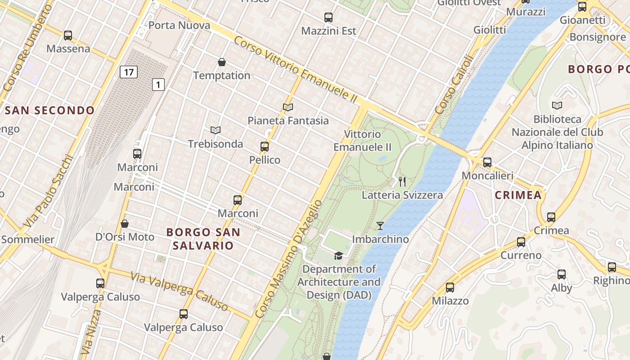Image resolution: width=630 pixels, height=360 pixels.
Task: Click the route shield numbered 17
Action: [129, 72]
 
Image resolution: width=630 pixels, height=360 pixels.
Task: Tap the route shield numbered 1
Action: [158, 84]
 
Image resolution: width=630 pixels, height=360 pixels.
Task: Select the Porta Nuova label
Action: [179, 25]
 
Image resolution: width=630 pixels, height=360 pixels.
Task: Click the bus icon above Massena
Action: [68, 35]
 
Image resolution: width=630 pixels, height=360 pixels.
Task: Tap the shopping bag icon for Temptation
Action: [222, 62]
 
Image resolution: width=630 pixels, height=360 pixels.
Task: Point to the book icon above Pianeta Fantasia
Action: [288, 107]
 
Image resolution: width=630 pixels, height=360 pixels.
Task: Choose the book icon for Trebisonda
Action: [216, 130]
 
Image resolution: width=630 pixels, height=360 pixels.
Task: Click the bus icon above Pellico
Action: [265, 147]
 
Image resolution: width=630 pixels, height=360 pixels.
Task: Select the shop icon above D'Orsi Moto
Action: [125, 224]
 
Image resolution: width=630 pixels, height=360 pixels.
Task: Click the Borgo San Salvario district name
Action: [203, 239]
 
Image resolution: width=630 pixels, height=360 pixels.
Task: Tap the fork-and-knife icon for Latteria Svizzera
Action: [402, 182]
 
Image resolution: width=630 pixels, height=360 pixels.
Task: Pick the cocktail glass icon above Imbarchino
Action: [380, 226]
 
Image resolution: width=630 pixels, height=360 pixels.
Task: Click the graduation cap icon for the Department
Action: [338, 256]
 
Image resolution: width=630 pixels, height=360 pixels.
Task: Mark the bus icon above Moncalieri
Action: [487, 162]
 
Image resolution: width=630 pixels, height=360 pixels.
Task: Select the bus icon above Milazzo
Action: [450, 288]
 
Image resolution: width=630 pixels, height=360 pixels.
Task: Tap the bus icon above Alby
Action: [562, 274]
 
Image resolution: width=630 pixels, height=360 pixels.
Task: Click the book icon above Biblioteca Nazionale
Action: [557, 105]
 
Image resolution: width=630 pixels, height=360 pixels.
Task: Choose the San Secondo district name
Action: [49, 110]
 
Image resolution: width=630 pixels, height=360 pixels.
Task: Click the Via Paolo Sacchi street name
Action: [48, 191]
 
